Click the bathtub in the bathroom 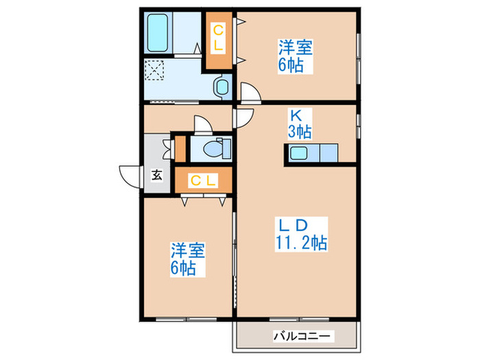160,32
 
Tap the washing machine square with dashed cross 155,70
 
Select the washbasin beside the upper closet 222,86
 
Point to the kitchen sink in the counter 300,154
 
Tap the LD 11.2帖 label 296,233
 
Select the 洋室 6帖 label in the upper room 296,56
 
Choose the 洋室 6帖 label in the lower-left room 188,259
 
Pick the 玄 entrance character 157,175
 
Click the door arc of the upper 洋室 250,93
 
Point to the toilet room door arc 204,124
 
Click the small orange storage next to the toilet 180,148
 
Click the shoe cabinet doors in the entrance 167,147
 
